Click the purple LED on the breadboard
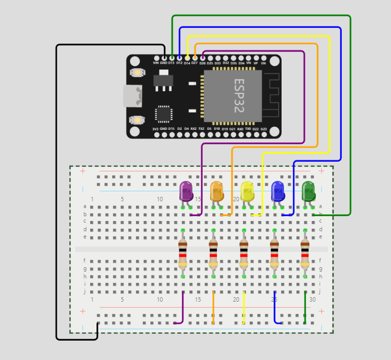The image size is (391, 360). [186, 191]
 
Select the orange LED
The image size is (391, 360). [216, 191]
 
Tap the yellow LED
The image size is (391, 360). [247, 191]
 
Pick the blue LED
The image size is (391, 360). [278, 191]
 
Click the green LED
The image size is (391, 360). [308, 191]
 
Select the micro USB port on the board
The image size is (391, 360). [132, 96]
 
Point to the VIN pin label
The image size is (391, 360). [156, 63]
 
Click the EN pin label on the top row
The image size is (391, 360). [263, 63]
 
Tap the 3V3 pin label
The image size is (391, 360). [155, 129]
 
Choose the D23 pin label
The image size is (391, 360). [263, 129]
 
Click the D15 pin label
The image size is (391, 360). [171, 129]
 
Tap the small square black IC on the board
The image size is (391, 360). [163, 114]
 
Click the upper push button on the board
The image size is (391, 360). [137, 73]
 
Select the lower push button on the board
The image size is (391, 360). [137, 119]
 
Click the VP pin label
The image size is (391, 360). [256, 63]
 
